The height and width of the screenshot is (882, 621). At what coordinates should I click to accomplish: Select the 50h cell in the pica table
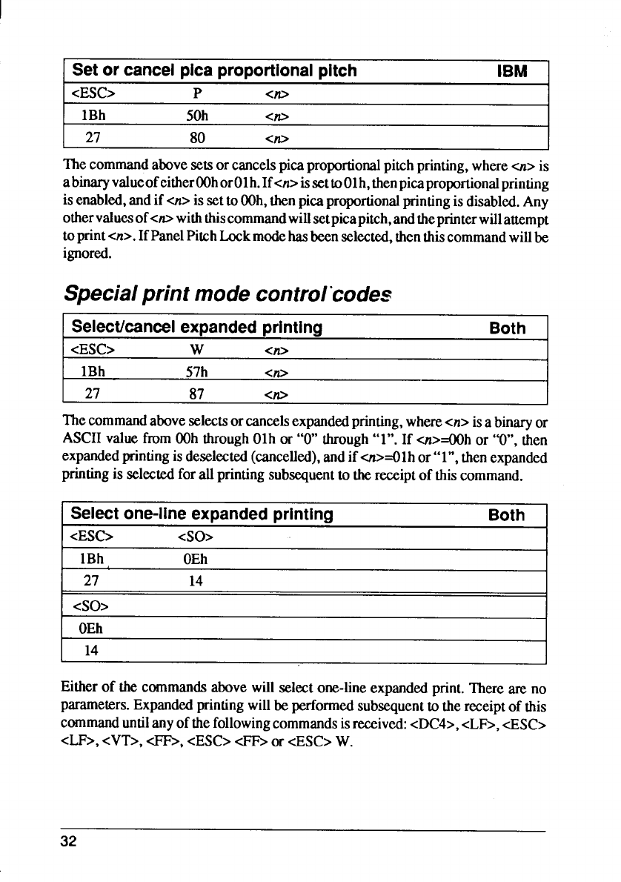(x=197, y=116)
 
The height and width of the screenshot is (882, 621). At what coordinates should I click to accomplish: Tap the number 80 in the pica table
(x=197, y=138)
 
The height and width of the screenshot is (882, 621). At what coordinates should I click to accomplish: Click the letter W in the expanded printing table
(x=197, y=351)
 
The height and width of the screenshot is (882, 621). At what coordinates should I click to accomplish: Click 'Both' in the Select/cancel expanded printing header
(x=508, y=328)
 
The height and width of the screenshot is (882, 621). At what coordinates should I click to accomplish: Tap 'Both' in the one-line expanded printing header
(x=508, y=514)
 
